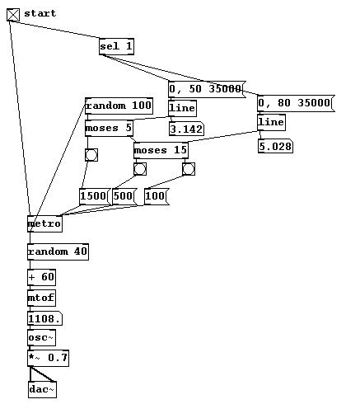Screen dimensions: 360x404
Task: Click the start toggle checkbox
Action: [13, 15]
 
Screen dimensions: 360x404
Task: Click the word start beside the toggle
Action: [40, 13]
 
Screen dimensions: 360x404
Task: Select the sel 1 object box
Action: [116, 46]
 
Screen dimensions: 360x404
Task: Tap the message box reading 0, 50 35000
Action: [207, 89]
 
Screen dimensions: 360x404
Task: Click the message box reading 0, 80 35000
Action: [296, 103]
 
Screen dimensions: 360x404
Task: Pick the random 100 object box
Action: [119, 106]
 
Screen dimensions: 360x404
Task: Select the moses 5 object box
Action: [109, 128]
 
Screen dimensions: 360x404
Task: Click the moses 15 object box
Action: [161, 150]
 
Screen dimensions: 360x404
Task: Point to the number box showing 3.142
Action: [186, 129]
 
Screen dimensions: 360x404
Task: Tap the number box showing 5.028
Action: [275, 146]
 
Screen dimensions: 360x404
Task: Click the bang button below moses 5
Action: [91, 155]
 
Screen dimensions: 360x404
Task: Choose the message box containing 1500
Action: [95, 196]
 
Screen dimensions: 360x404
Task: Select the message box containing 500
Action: [124, 196]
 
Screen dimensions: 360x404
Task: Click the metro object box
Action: [44, 223]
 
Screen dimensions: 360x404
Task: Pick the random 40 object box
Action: [58, 251]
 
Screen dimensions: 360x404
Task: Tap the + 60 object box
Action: [41, 277]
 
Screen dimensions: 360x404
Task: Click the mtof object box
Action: [41, 298]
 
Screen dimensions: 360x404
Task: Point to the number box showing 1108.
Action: [45, 319]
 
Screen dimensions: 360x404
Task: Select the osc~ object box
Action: [41, 337]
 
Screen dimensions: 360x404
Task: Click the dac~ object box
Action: [42, 389]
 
